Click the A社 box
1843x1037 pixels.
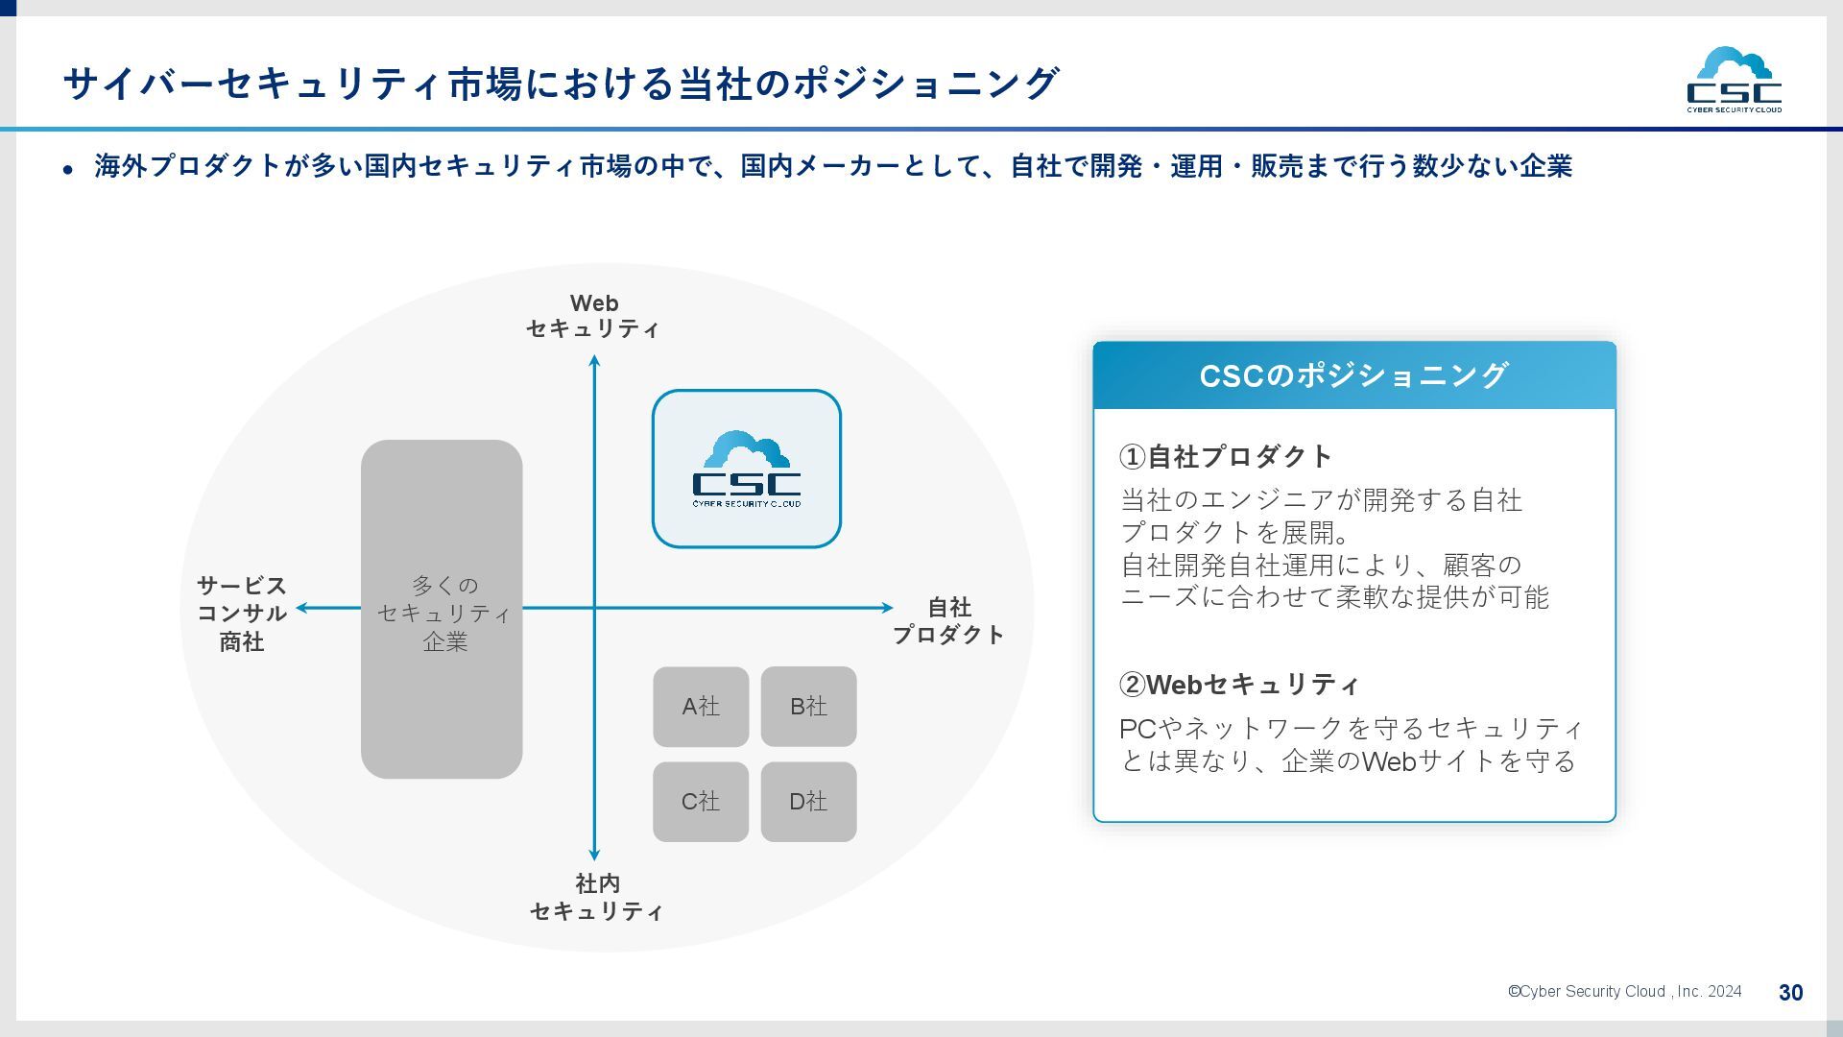click(701, 707)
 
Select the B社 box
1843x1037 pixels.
click(808, 707)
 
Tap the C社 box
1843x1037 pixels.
click(701, 802)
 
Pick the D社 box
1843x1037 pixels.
click(808, 802)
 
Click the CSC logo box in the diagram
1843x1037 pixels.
click(747, 469)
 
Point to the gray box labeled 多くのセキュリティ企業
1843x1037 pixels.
click(442, 609)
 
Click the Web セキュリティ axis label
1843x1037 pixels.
click(593, 316)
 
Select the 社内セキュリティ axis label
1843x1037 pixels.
click(596, 897)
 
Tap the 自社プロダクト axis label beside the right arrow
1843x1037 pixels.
click(948, 620)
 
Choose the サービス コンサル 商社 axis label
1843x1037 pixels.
click(242, 614)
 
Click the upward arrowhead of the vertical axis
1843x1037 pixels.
click(594, 361)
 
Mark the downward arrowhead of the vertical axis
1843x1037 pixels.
click(594, 855)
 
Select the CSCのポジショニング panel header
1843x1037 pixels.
click(1353, 375)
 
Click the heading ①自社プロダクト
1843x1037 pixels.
click(1226, 456)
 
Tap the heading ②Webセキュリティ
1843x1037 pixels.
click(1239, 685)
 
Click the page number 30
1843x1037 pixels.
click(1790, 993)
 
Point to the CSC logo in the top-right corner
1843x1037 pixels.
click(1734, 80)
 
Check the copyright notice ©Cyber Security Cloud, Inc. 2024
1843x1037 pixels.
click(1624, 992)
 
